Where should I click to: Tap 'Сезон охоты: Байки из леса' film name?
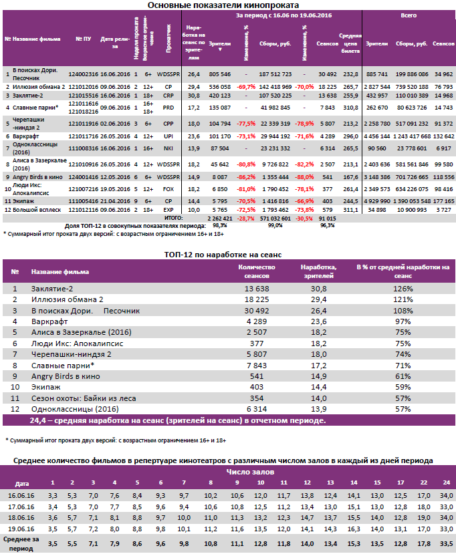(73, 397)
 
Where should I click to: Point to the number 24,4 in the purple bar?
(37, 420)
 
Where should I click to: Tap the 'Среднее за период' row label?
(22, 541)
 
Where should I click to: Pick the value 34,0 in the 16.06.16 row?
(443, 495)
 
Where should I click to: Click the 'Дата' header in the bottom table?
(22, 482)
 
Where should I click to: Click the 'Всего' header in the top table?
(409, 14)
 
